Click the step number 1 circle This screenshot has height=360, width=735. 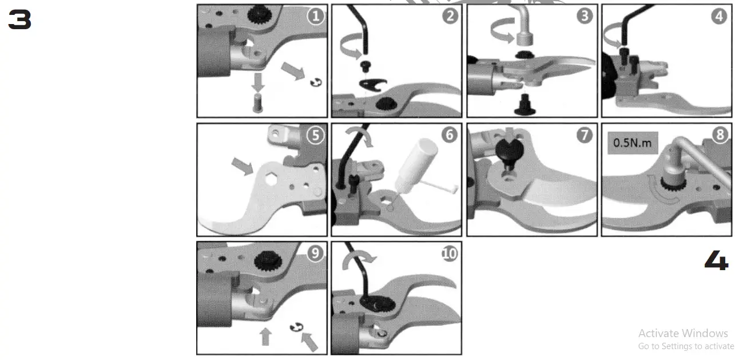315,16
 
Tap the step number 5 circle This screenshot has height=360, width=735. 315,135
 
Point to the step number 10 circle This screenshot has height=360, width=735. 450,254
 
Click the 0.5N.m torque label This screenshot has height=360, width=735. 632,143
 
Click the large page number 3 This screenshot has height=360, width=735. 19,21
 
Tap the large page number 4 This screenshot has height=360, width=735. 716,262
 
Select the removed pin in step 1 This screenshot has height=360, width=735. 259,103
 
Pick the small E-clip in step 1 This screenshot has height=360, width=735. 314,84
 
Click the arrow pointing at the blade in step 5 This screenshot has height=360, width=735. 241,166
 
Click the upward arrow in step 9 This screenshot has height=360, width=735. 265,336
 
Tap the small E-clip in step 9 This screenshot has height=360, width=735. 295,328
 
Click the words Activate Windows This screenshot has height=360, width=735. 683,333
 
